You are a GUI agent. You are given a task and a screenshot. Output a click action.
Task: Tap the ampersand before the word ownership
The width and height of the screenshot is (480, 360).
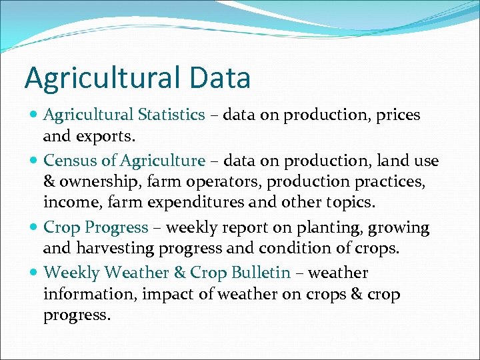pos(49,182)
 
